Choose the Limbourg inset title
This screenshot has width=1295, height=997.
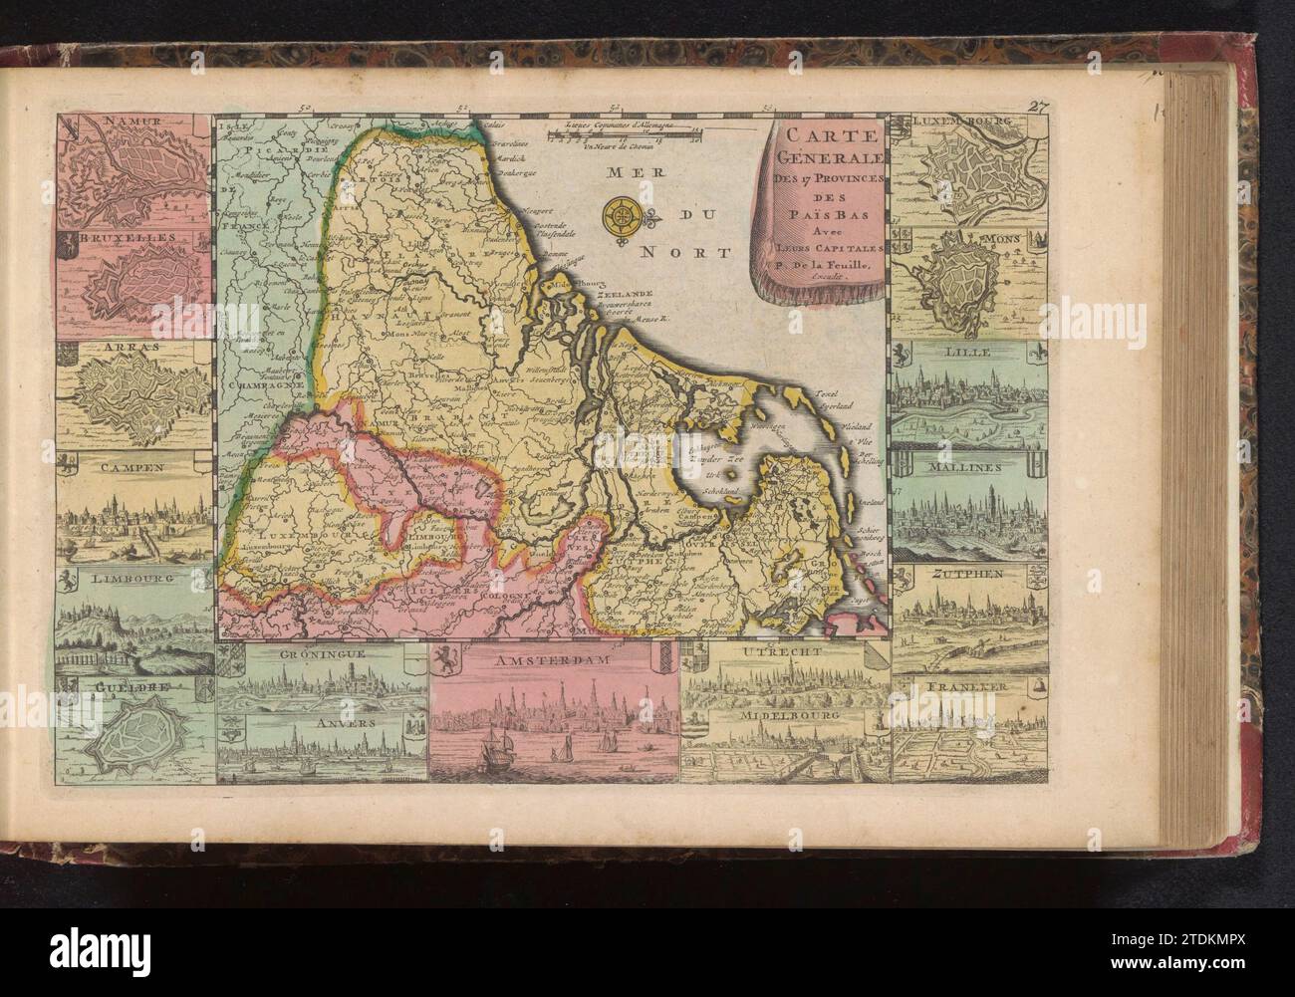(131, 578)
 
